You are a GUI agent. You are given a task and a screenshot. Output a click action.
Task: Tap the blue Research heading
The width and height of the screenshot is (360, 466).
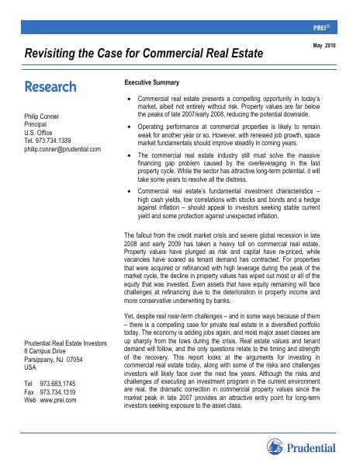point(50,86)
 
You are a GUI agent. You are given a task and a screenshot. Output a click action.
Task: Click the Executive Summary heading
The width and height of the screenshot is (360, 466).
point(152,82)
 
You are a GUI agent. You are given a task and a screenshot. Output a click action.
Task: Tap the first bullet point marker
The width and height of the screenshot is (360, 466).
point(129,101)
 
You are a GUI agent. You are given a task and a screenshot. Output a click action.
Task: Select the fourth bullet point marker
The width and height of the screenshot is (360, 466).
point(129,191)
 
